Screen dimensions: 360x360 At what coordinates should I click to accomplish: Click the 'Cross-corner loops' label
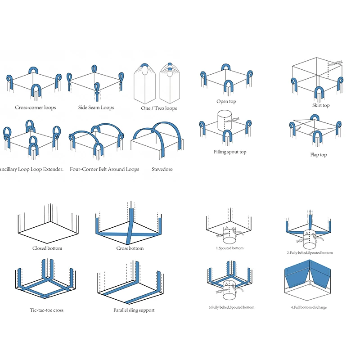36,108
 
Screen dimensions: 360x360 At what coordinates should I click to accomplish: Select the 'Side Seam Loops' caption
96,108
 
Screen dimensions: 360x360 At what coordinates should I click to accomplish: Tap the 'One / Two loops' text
159,108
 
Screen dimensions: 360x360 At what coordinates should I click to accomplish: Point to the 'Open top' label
226,101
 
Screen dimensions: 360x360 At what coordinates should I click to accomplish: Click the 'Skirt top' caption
321,105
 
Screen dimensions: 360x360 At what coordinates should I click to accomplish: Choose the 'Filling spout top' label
230,152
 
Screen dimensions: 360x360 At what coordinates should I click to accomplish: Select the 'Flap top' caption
319,155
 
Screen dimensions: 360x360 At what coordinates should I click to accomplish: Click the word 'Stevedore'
162,169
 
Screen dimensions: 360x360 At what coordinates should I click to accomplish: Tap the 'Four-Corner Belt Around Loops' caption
104,169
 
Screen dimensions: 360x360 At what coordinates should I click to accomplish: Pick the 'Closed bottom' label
47,248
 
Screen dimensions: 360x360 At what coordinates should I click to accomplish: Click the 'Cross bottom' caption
130,248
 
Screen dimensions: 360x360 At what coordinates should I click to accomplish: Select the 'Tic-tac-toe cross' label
47,310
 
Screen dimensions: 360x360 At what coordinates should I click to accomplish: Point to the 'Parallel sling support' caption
134,310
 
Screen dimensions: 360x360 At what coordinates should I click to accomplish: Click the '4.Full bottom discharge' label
309,307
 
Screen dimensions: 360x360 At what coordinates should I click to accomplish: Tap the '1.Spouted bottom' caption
229,248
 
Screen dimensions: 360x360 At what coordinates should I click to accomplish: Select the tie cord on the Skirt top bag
335,63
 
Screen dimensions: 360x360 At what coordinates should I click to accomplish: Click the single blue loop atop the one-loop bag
145,66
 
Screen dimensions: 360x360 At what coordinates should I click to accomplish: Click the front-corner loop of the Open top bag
228,85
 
